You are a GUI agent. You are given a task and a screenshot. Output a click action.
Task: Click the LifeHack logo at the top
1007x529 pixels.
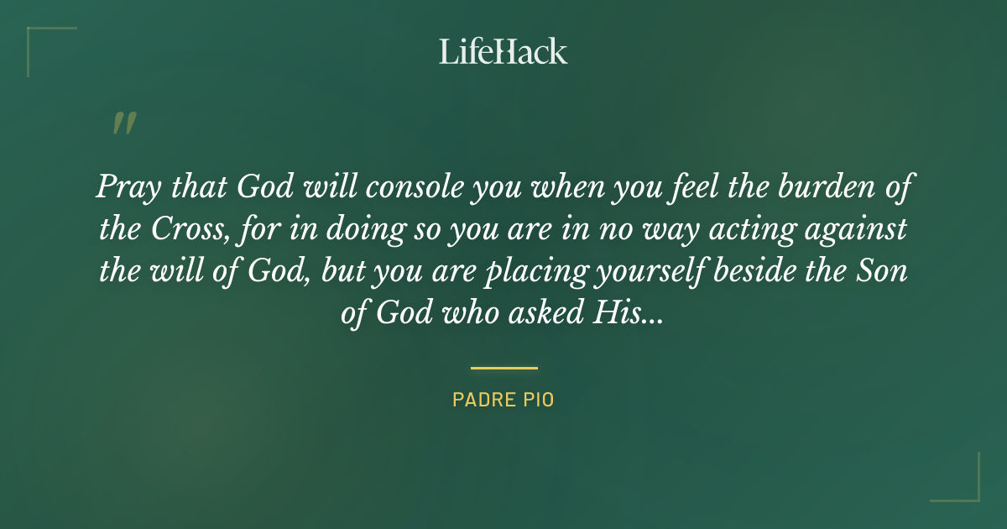click(503, 51)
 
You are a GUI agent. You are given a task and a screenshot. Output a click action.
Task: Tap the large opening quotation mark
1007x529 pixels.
click(123, 123)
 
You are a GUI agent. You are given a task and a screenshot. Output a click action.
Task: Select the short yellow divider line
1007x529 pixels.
click(503, 368)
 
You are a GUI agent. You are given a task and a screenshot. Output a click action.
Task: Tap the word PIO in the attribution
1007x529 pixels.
click(537, 400)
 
